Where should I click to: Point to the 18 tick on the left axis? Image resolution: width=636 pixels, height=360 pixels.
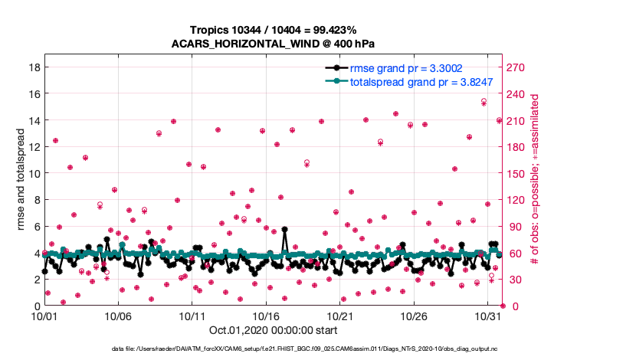pos(33,67)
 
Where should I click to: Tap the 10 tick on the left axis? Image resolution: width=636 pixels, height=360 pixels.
pos(33,173)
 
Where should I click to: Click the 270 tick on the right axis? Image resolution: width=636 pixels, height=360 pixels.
pos(518,67)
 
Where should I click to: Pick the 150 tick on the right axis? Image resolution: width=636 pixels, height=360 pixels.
pos(518,173)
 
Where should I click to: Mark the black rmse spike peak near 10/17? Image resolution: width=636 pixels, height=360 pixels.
pos(284,229)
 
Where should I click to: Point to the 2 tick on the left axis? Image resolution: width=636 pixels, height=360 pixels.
pos(36,280)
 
